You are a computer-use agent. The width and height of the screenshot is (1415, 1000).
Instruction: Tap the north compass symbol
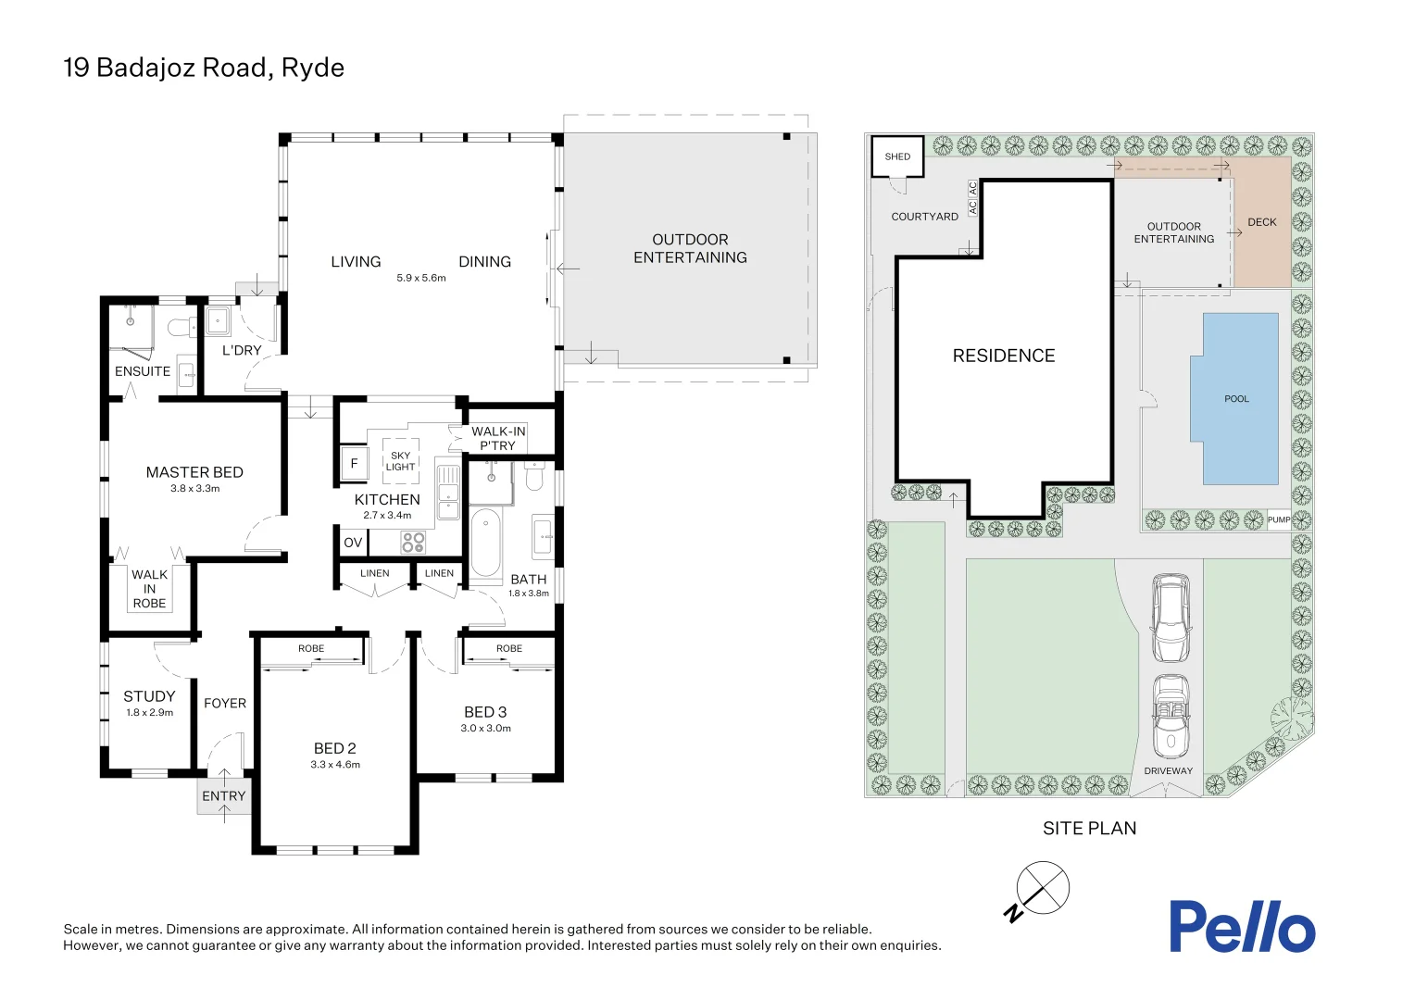[1037, 891]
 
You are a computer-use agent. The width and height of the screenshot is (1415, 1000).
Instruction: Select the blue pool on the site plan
[1234, 398]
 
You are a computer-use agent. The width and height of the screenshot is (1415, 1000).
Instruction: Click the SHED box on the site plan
[897, 156]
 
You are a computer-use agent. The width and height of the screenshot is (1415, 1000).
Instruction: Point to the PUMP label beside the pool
[1279, 519]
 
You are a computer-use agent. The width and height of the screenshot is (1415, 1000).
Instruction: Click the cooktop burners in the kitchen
[413, 542]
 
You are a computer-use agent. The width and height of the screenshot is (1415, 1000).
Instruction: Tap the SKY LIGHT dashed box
[400, 461]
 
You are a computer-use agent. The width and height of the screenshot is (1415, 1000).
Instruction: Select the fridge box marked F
[354, 463]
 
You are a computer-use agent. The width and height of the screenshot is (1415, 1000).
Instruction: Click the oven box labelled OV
[353, 543]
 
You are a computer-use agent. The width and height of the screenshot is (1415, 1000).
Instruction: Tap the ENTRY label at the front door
[223, 796]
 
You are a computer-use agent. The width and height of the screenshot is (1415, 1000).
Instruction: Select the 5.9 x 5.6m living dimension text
[421, 278]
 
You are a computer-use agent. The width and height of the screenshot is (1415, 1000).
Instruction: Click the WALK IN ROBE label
[150, 589]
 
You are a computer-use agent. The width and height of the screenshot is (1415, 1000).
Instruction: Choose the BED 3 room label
[485, 712]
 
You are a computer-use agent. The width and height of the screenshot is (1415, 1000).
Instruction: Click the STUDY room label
[149, 696]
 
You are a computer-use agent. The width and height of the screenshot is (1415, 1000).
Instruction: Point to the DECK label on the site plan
[1262, 222]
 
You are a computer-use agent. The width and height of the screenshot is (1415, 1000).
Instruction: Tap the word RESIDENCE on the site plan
[1004, 356]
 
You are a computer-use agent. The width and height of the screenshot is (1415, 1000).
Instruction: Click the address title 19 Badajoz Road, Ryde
[204, 68]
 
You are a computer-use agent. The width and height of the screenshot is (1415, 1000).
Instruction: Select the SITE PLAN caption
[1090, 828]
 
